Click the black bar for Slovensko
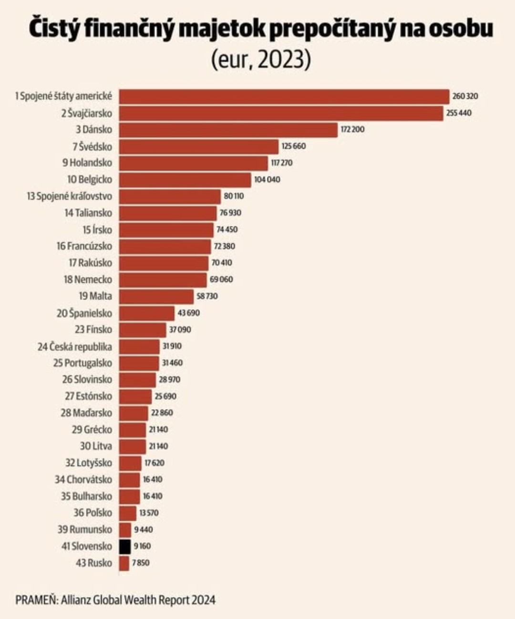tap(125, 546)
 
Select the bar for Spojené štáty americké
tap(284, 96)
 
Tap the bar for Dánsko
tap(228, 130)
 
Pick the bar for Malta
tap(156, 296)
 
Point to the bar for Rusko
tap(124, 563)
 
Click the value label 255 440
tap(459, 113)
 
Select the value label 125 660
tap(293, 146)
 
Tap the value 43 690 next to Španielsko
tap(188, 313)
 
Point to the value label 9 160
tap(142, 546)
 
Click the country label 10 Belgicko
tap(90, 179)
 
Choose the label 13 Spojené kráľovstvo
tap(69, 196)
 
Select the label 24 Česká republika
tap(74, 346)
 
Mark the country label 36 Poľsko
tap(93, 513)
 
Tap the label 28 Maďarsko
tap(86, 413)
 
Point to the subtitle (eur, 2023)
tap(261, 60)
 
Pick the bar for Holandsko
tap(193, 163)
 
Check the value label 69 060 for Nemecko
tap(221, 279)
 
